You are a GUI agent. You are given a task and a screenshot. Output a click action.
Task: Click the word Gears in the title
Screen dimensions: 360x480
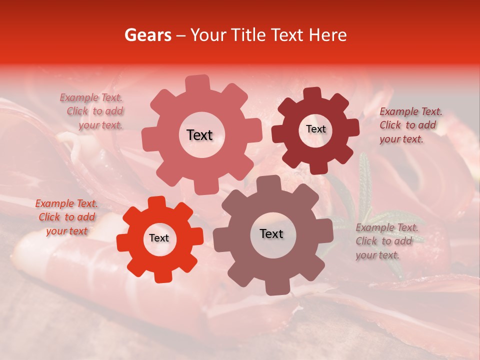pos(147,35)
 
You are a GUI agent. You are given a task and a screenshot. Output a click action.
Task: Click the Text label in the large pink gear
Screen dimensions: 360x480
pos(199,135)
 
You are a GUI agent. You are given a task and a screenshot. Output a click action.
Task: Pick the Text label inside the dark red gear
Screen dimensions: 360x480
pos(315,129)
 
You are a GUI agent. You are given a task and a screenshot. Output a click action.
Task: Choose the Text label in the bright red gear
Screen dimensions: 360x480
pos(159,238)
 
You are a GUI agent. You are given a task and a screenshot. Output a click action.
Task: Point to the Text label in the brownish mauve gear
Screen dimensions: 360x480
pos(271,233)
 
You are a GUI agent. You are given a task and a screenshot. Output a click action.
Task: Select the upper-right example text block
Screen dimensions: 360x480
pos(410,125)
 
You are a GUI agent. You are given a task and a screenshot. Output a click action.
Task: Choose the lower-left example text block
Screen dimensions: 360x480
pos(66,217)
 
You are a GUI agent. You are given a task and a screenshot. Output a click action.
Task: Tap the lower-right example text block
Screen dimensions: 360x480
pos(386,241)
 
